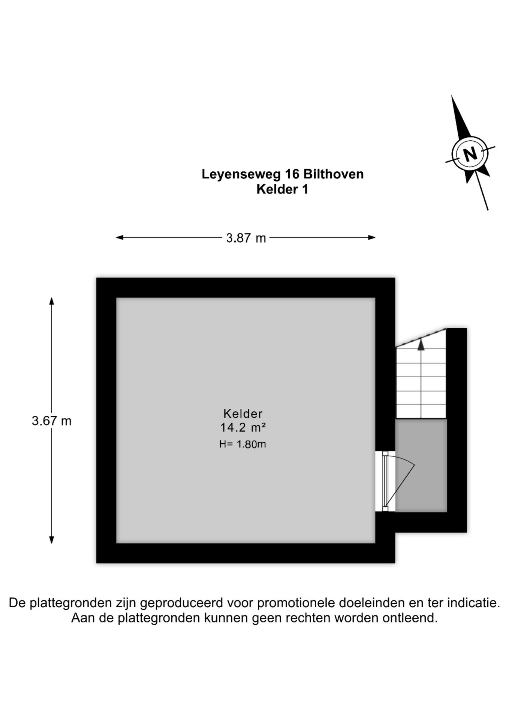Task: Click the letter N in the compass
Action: tap(470, 154)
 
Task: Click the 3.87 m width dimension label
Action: tap(246, 238)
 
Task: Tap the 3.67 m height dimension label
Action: tap(51, 421)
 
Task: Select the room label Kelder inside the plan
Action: tap(243, 414)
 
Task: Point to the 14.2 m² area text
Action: tap(243, 427)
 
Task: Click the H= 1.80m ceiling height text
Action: tap(243, 444)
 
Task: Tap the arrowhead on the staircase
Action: tap(421, 345)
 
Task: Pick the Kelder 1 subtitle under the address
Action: tap(282, 189)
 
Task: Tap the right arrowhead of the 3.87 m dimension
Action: tap(371, 237)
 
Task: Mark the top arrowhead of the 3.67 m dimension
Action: tap(52, 301)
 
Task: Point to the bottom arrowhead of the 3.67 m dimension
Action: tap(52, 540)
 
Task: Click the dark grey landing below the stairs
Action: tap(421, 465)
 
